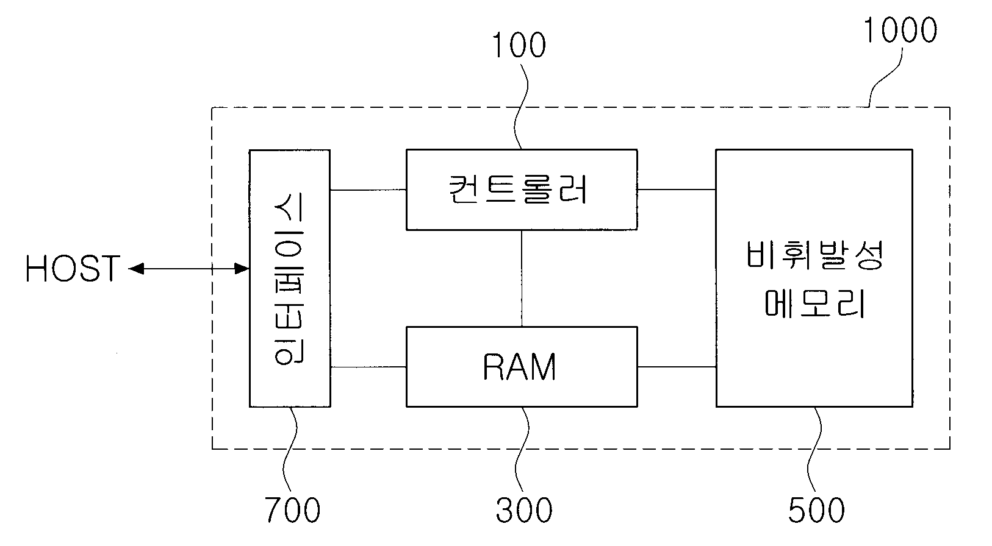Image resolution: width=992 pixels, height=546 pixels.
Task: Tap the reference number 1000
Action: tap(900, 30)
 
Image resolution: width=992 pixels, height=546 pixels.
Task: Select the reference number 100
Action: tap(519, 45)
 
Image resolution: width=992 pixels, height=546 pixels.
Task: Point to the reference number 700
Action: tap(293, 509)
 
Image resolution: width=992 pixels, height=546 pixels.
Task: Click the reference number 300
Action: tap(524, 509)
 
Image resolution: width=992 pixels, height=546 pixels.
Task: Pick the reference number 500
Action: tap(816, 509)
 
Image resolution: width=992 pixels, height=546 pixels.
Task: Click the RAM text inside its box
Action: tap(519, 367)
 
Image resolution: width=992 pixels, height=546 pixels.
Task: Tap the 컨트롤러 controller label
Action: tap(518, 190)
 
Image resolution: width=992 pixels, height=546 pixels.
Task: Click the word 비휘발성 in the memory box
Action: tap(814, 256)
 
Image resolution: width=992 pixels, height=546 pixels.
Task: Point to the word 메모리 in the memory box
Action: tap(814, 303)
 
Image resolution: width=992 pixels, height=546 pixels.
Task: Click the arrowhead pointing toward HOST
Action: tap(137, 269)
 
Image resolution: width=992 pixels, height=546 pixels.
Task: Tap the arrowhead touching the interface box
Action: tap(242, 269)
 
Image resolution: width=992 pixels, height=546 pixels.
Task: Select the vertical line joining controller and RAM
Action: tap(522, 278)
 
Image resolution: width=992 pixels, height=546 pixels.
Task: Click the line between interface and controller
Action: tap(368, 190)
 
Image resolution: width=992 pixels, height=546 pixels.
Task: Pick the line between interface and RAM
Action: tap(368, 367)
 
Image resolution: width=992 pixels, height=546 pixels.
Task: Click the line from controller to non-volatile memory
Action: tap(677, 190)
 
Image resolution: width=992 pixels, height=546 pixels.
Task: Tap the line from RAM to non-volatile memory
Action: tap(677, 367)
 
